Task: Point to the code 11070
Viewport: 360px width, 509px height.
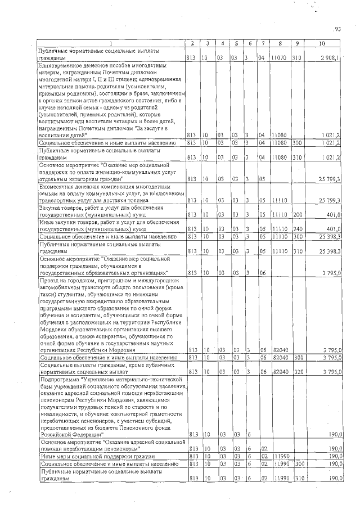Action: (x=278, y=58)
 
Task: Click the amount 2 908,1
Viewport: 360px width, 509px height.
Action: (x=327, y=58)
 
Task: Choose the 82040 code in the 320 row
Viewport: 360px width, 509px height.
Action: (x=279, y=372)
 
